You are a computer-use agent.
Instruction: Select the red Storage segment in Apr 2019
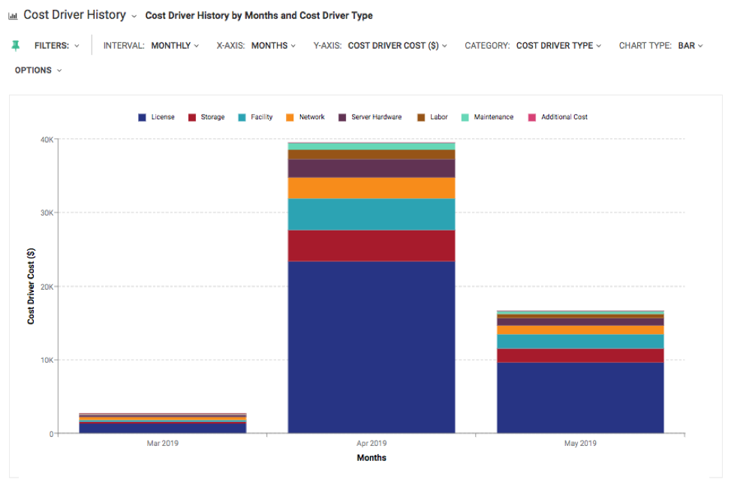click(x=372, y=246)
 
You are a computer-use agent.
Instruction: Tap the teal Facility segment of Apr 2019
click(x=372, y=214)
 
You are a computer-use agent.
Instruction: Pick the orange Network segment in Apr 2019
click(x=372, y=188)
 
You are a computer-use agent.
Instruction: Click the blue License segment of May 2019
click(x=580, y=398)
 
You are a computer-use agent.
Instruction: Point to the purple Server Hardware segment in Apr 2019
click(x=372, y=168)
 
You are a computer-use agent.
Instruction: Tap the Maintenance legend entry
click(x=487, y=117)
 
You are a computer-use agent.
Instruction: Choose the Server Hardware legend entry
click(x=370, y=117)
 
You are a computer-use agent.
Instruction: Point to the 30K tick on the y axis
click(x=46, y=212)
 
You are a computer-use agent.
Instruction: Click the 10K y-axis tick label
click(x=46, y=360)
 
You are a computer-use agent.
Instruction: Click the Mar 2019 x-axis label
click(x=163, y=444)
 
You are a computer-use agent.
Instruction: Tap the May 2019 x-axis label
click(x=580, y=444)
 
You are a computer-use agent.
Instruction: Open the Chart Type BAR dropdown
click(x=690, y=46)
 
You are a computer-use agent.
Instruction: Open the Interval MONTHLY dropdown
click(x=175, y=46)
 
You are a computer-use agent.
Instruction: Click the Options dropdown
click(x=38, y=71)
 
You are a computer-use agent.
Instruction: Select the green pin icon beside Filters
click(x=16, y=46)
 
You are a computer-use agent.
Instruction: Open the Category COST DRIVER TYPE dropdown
click(x=558, y=46)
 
